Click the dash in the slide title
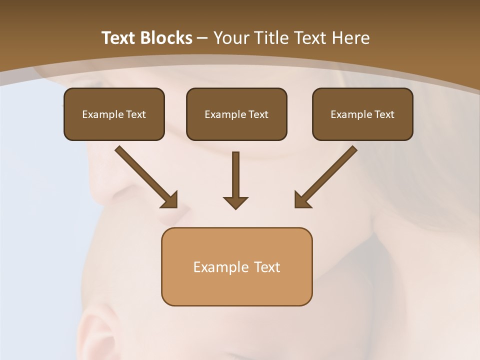click(x=202, y=38)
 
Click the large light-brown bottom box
click(x=236, y=290)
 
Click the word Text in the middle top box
click(x=258, y=114)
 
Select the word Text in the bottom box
click(x=268, y=267)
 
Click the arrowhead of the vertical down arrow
click(x=235, y=202)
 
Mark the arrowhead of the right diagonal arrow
click(x=302, y=200)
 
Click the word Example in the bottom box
click(x=220, y=267)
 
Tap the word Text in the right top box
click(x=384, y=114)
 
